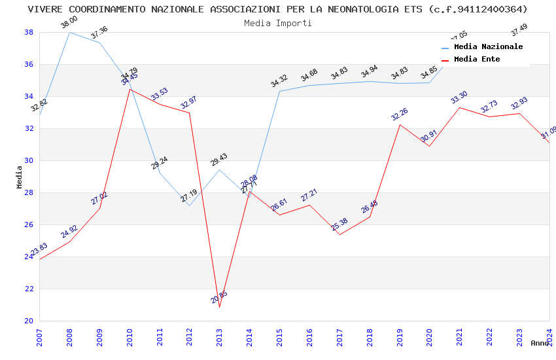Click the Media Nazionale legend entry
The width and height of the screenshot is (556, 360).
click(x=488, y=47)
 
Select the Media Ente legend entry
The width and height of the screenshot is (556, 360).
click(x=476, y=60)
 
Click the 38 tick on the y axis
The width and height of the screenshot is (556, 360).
click(x=29, y=32)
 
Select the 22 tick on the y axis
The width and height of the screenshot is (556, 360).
click(x=29, y=289)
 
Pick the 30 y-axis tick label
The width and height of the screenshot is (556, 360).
click(x=29, y=160)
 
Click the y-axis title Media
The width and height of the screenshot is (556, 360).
click(x=20, y=177)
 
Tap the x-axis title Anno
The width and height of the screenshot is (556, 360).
click(x=540, y=343)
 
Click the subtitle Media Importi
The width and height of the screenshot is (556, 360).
click(x=278, y=23)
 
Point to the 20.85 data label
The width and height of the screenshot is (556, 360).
click(x=219, y=298)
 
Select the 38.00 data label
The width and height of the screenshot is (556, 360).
click(x=69, y=23)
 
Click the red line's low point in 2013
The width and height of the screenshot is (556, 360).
click(x=219, y=307)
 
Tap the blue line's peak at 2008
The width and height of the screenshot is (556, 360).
click(x=69, y=32)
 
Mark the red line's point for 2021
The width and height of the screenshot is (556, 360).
click(x=459, y=107)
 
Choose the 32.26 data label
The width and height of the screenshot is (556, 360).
click(x=399, y=115)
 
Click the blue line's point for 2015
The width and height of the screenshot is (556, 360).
click(x=279, y=91)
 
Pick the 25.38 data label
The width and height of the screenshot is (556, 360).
click(x=339, y=225)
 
